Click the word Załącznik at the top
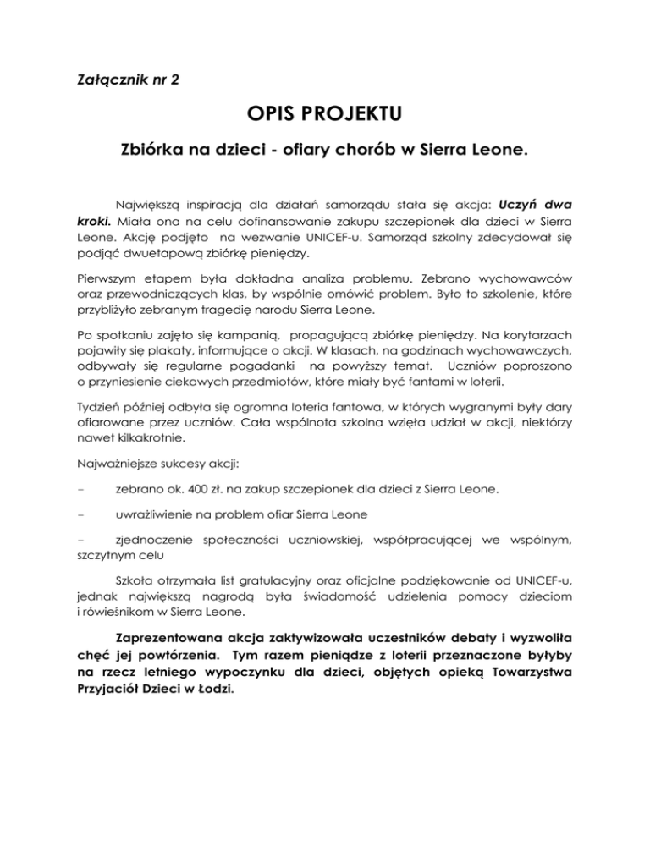(x=102, y=82)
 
